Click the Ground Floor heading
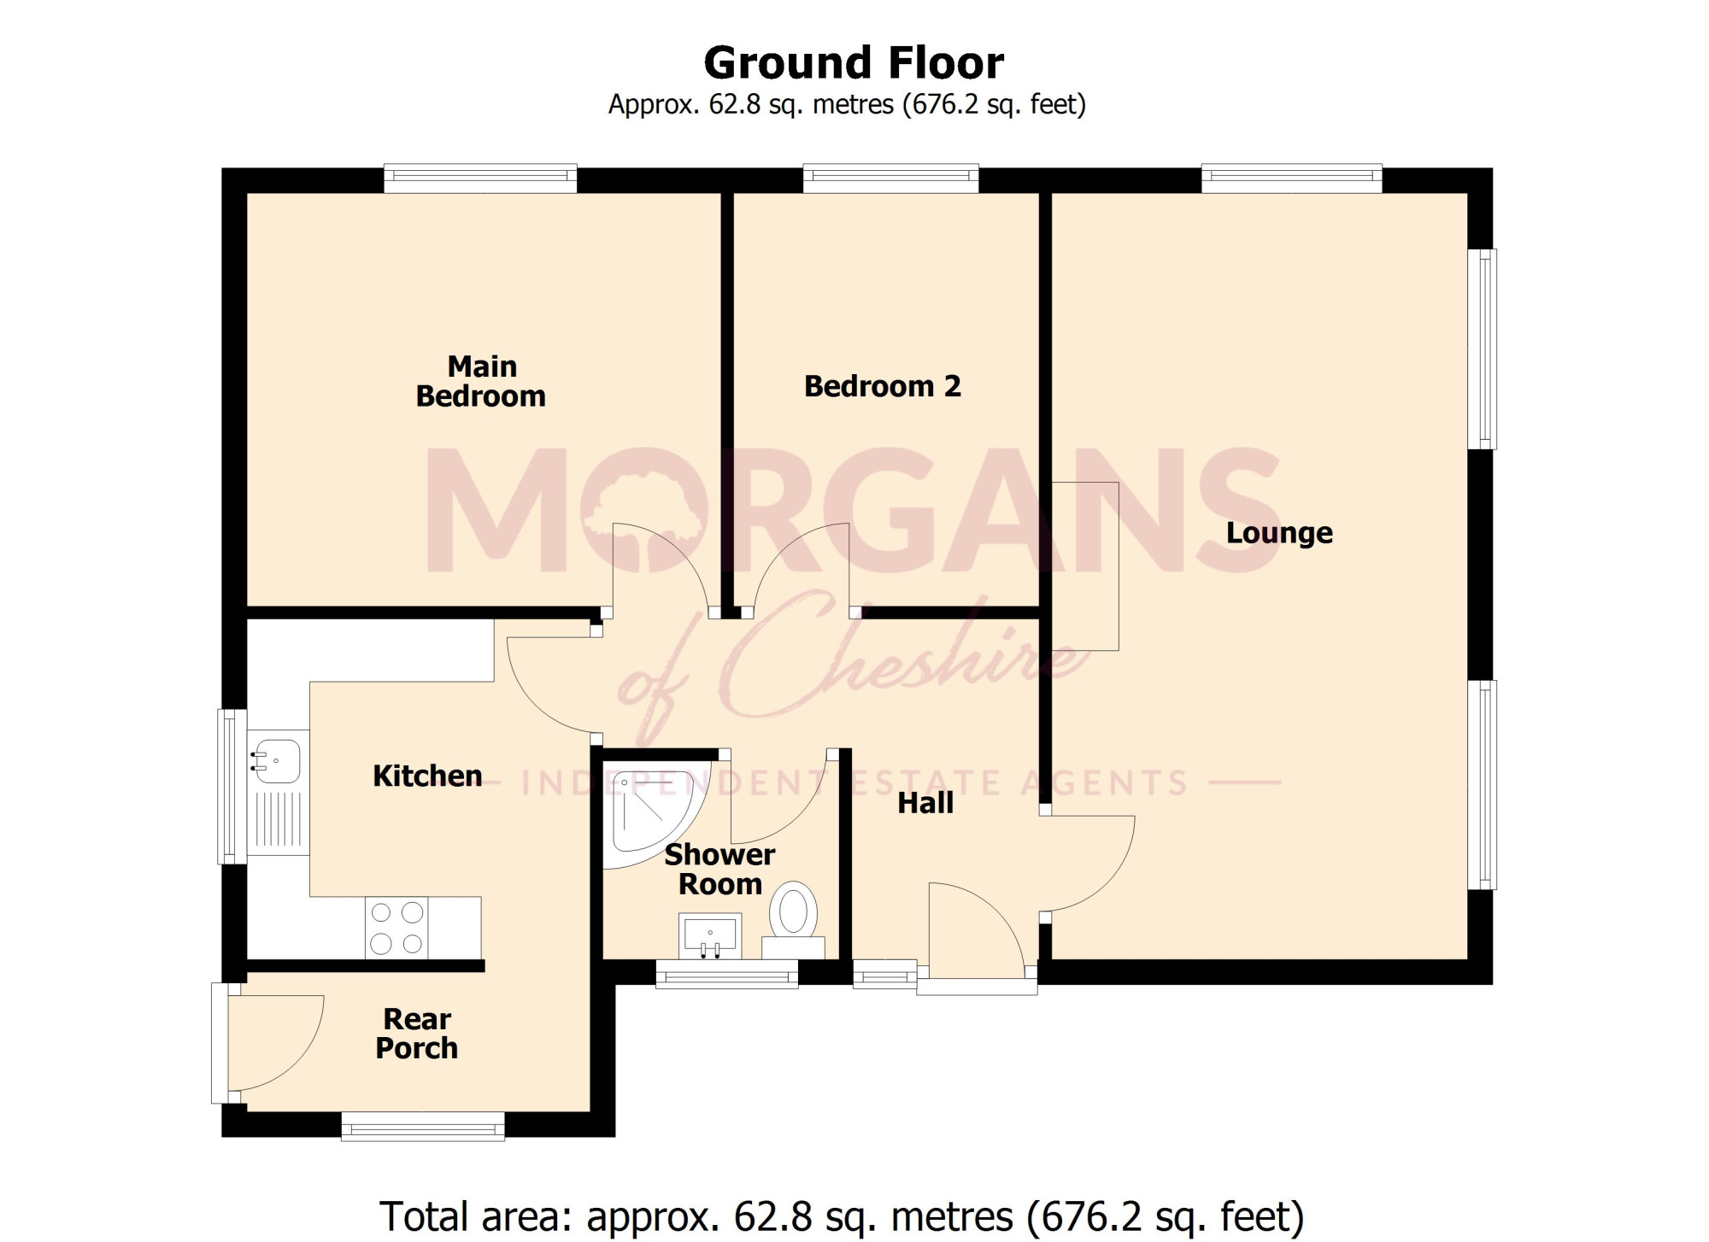(x=854, y=62)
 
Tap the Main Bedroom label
(x=481, y=381)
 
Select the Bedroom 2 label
(x=883, y=386)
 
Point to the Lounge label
(x=1279, y=533)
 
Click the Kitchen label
(x=427, y=776)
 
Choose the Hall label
(x=925, y=803)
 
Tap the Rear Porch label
(x=417, y=1034)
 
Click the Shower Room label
(x=719, y=869)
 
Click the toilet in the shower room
(x=794, y=919)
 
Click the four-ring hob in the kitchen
(x=396, y=928)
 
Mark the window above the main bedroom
(x=480, y=178)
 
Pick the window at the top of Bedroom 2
(x=890, y=178)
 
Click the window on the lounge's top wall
(x=1292, y=178)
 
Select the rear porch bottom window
(x=423, y=1126)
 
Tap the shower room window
(x=727, y=974)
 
